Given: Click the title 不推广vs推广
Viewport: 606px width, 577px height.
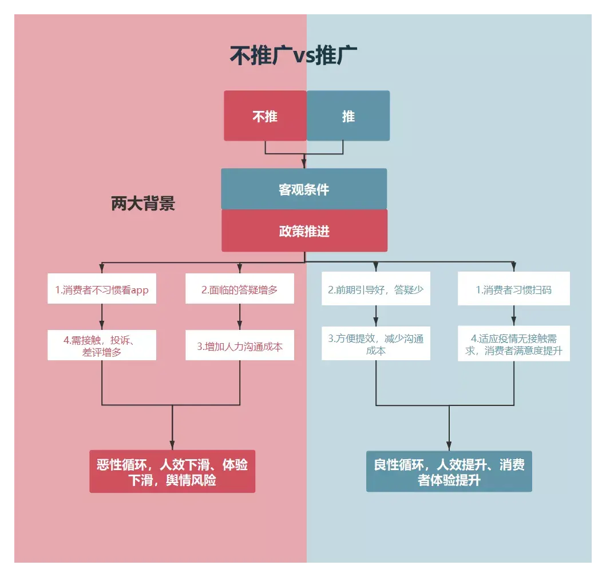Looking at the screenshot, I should coord(294,56).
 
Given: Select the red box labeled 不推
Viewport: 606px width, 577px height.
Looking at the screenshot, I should coord(265,116).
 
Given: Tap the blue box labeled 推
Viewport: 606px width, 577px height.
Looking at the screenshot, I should coord(348,116).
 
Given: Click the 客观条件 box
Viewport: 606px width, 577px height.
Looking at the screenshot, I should coord(304,189).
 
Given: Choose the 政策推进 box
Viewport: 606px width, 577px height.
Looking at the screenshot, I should coord(304,231).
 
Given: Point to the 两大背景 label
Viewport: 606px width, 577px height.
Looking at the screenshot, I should coord(143,204).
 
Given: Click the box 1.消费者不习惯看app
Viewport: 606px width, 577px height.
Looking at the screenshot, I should coord(102,290).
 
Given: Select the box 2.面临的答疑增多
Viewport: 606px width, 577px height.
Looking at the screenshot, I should coord(239,290).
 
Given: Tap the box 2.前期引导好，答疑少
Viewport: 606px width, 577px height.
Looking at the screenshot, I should coord(375,290).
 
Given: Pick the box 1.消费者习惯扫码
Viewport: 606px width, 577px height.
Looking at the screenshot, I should coord(513,290).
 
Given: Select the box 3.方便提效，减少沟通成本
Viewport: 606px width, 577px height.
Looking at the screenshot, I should coord(375,344).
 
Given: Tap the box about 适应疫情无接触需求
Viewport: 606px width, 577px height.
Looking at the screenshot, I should coord(513,344).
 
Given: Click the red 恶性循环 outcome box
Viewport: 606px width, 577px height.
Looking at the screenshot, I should coord(172,472).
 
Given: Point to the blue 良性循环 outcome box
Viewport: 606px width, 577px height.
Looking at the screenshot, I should coord(449,472).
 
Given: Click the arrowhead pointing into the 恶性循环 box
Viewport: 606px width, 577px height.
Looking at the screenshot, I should coord(172,446).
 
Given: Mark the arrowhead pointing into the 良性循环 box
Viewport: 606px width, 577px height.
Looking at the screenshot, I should coord(449,446).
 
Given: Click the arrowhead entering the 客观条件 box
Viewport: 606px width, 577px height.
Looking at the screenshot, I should coord(304,165).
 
